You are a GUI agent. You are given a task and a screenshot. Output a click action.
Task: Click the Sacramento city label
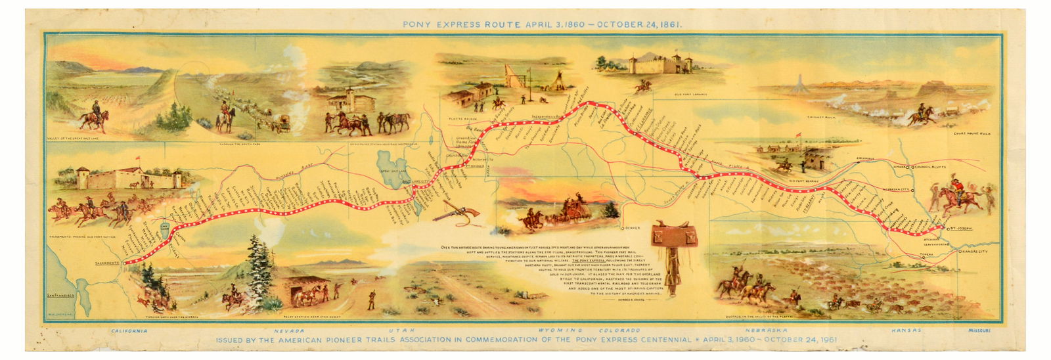[106, 263]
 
